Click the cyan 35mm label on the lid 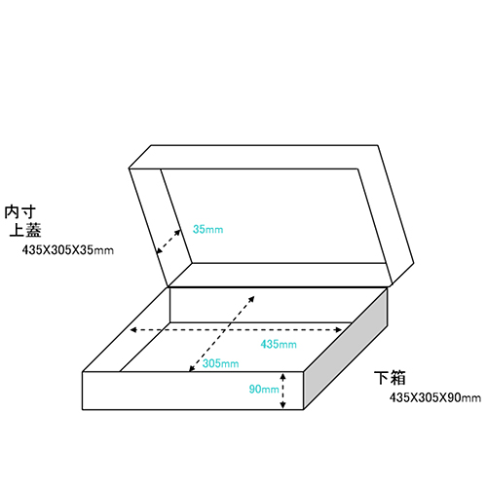[207, 229]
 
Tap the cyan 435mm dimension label [279, 344]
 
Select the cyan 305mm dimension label [220, 363]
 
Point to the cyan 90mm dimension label [264, 389]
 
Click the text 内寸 [19, 212]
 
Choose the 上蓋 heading [25, 230]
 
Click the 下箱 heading [390, 378]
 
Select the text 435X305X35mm [68, 250]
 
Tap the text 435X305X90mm [435, 397]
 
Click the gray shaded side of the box [346, 349]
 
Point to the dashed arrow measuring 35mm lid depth [169, 242]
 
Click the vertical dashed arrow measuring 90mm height [282, 391]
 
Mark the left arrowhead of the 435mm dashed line [132, 330]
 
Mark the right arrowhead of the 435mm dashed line [339, 330]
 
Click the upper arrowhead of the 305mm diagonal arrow [252, 298]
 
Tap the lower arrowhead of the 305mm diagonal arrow [192, 369]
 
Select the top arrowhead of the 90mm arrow [282, 376]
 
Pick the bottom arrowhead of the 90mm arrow [282, 405]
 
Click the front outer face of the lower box [193, 391]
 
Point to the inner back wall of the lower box [260, 305]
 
